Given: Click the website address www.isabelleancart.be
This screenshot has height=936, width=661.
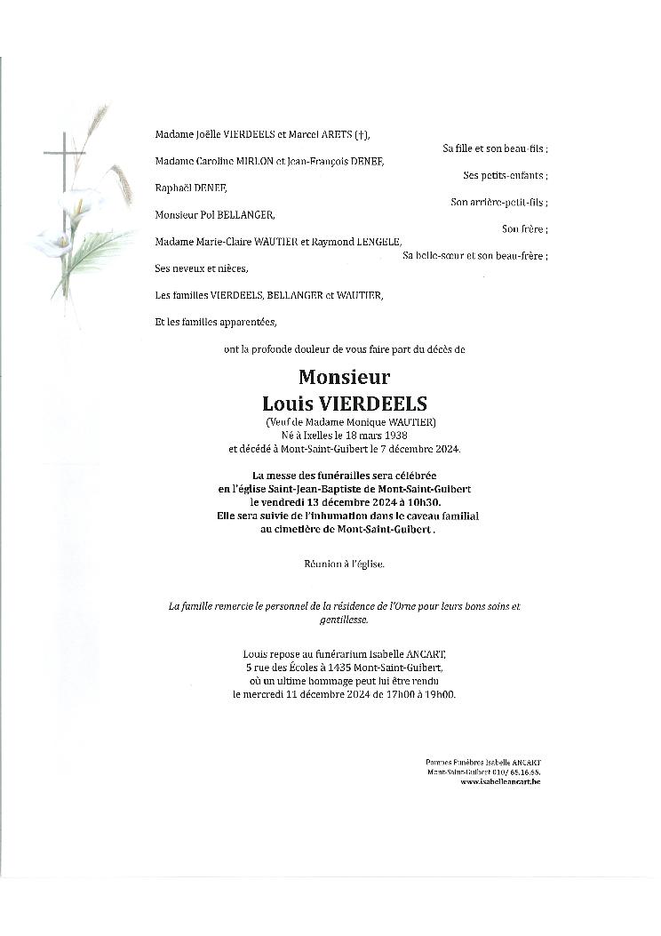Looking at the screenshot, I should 500,781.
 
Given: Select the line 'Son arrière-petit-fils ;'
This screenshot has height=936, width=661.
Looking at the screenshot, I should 498,202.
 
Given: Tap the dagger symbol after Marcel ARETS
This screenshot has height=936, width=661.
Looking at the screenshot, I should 360,135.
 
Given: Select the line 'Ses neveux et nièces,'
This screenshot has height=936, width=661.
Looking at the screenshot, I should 202,268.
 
